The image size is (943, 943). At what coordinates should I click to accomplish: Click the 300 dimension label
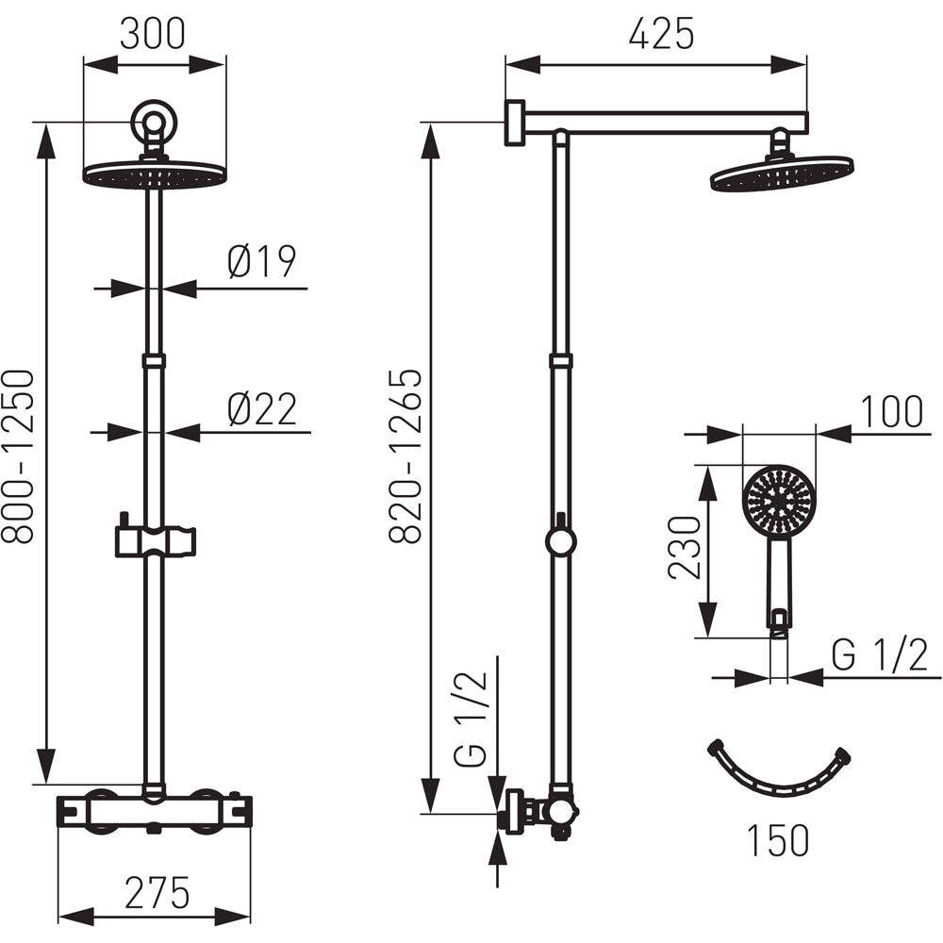point(153,34)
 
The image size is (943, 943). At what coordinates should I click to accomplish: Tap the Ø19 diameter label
point(261,261)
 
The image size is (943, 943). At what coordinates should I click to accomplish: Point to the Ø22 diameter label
point(261,409)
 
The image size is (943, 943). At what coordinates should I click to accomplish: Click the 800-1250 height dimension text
point(18,457)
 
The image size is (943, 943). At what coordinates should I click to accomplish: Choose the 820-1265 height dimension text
point(405,457)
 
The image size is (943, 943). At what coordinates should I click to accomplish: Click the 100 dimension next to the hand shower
point(891,412)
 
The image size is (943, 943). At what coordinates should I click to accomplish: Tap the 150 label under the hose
point(778,839)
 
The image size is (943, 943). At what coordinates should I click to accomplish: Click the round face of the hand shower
point(779,501)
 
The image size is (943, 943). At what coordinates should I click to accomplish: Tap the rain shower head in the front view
point(155,175)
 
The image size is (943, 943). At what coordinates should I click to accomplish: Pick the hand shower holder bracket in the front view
point(156,540)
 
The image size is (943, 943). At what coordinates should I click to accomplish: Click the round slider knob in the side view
point(561,540)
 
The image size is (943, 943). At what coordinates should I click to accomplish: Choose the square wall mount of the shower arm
point(515,123)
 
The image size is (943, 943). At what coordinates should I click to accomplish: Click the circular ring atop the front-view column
point(153,122)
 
